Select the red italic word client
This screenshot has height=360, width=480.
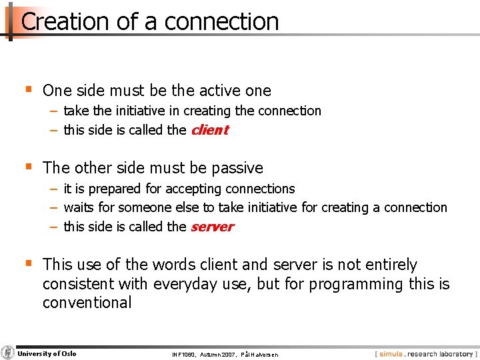[x=209, y=130]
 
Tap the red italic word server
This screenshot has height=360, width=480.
[x=212, y=227]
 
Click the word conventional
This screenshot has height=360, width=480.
[x=87, y=303]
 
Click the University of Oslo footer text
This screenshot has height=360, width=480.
[x=47, y=354]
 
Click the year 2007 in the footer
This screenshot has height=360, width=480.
[x=228, y=355]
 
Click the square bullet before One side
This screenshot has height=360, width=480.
[x=27, y=89]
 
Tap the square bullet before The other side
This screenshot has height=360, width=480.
[x=27, y=167]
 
